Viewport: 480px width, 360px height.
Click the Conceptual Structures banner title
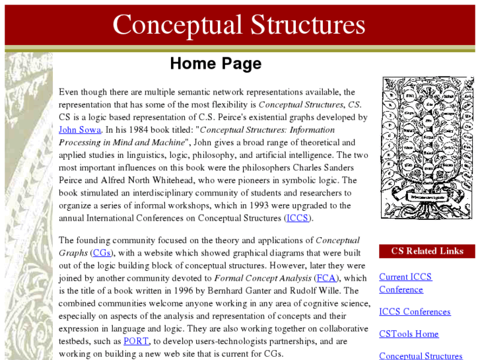[x=239, y=25]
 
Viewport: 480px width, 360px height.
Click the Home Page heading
[x=215, y=63]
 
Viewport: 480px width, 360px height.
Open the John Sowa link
[x=79, y=130]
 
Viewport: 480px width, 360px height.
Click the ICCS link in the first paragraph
[x=296, y=218]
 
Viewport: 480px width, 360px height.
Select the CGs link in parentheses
[x=102, y=253]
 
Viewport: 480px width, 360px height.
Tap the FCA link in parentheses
[x=326, y=278]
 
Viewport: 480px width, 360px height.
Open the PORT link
[x=136, y=342]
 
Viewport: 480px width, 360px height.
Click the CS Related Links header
[x=427, y=251]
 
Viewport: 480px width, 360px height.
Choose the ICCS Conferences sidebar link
[x=415, y=312]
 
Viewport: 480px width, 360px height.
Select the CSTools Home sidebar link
[x=409, y=334]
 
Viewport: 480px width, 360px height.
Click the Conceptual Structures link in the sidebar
[x=421, y=356]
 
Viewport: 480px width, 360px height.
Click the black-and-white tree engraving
[x=427, y=147]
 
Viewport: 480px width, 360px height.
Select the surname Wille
[x=345, y=291]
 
